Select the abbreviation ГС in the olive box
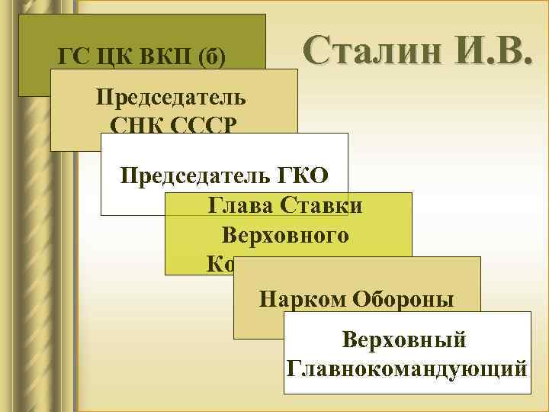coord(72,57)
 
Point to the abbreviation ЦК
coord(106,57)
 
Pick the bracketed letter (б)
coord(208,58)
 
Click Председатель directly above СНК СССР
coord(171,98)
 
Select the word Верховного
coord(285,234)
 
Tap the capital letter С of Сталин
coord(316,50)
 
